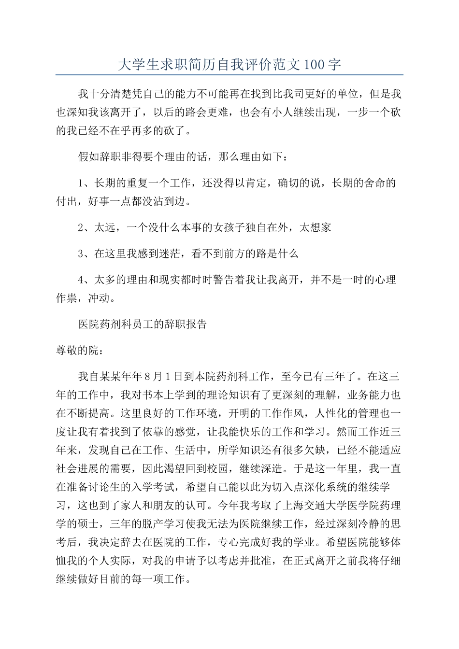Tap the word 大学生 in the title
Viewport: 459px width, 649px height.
click(x=133, y=65)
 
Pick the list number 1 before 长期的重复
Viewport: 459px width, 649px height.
click(x=81, y=183)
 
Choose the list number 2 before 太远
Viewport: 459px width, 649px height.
click(x=81, y=227)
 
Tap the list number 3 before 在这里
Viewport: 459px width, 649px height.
click(x=81, y=253)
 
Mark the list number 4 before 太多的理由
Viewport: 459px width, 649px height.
click(x=81, y=280)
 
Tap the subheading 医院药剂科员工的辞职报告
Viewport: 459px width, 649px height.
click(x=143, y=324)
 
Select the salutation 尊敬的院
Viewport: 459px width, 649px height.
click(x=77, y=351)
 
